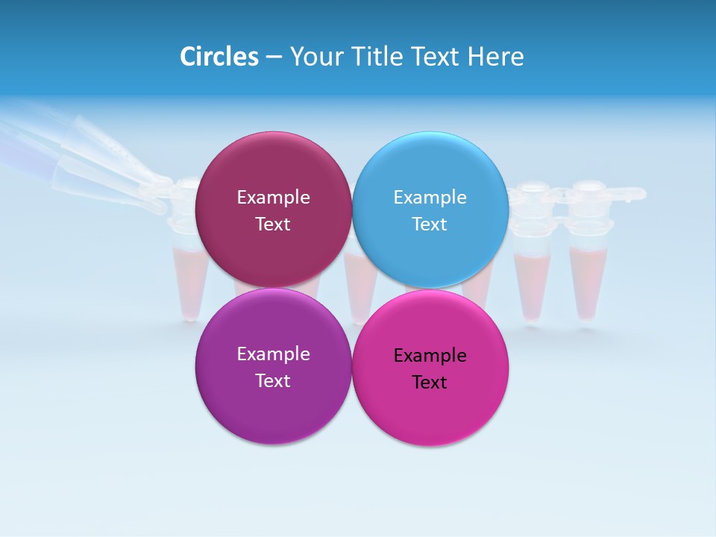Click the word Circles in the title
pos(219,57)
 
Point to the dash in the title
pos(273,57)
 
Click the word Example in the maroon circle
pos(273,198)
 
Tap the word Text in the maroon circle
pos(273,224)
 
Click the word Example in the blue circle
pos(430,198)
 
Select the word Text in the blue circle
pos(430,224)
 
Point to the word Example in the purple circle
pos(273,354)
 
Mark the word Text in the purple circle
pos(273,381)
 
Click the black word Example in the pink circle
pos(430,356)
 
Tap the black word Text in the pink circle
pos(430,383)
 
